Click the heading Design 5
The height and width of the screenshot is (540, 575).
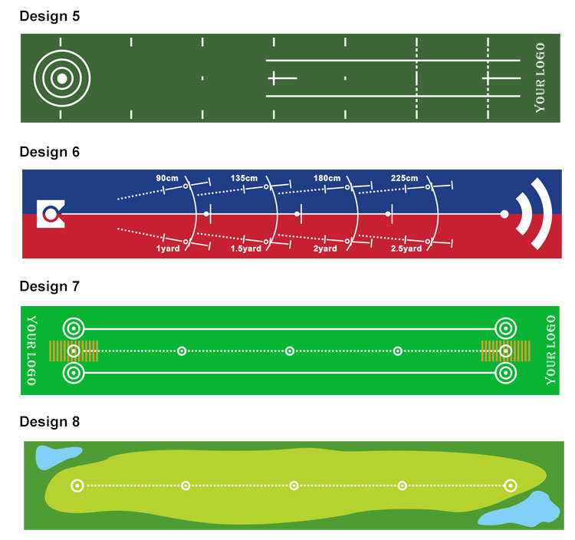point(50,16)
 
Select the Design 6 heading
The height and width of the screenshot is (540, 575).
point(50,152)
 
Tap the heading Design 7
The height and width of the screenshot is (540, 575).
point(50,286)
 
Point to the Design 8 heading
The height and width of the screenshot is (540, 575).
point(50,422)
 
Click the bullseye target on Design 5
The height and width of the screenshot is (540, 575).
point(62,78)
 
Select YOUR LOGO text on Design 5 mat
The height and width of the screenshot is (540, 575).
point(540,77)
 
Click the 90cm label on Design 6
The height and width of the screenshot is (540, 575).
point(167,178)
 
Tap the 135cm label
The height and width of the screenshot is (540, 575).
point(244,178)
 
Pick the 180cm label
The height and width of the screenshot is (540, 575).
point(327,178)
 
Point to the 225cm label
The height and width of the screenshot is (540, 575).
point(404,178)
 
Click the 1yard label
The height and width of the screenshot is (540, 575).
point(168,249)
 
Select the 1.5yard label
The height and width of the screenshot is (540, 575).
point(245,249)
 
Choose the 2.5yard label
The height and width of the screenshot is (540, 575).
point(406,249)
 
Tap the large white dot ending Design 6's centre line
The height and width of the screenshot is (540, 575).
point(504,214)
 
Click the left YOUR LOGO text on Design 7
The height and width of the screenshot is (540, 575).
point(32,351)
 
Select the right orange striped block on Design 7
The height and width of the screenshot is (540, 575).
point(505,351)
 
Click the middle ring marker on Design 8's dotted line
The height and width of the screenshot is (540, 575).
point(294,486)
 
